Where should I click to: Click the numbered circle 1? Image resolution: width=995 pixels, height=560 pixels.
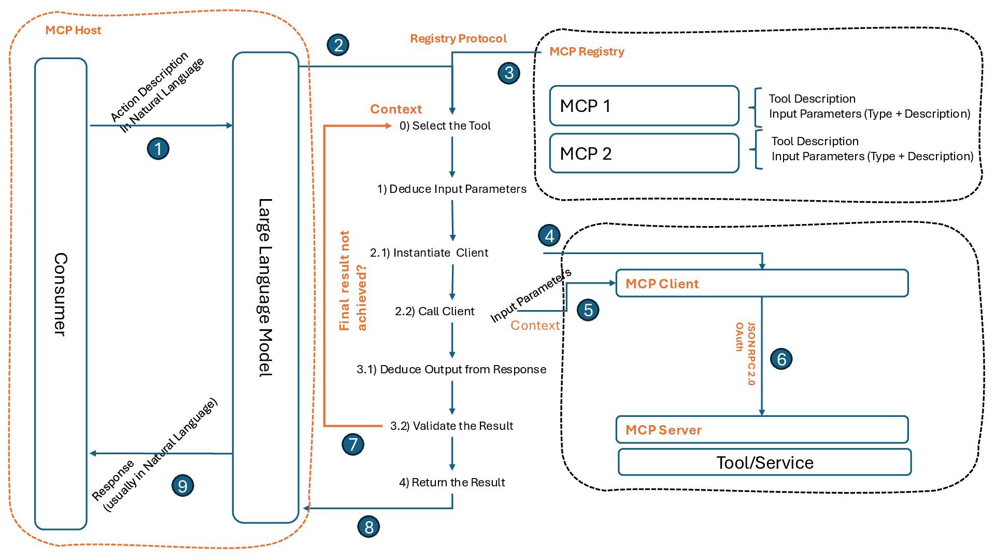click(x=158, y=149)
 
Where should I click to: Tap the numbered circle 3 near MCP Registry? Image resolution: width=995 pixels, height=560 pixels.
click(x=509, y=73)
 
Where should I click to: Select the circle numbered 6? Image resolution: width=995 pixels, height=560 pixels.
click(x=781, y=359)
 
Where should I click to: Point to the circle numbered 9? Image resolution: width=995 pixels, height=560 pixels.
click(x=182, y=486)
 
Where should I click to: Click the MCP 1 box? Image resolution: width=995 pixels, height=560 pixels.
click(x=644, y=106)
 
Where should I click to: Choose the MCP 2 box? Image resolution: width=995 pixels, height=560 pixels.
click(x=644, y=153)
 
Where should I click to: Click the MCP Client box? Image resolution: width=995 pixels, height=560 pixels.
click(x=762, y=283)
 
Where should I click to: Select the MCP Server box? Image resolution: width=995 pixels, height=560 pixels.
click(x=762, y=430)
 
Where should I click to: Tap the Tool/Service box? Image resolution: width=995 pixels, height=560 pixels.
click(x=764, y=462)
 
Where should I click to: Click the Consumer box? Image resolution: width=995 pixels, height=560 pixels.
click(x=61, y=293)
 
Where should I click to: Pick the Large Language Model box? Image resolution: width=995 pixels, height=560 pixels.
click(x=265, y=287)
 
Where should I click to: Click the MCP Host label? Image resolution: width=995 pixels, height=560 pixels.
click(x=73, y=30)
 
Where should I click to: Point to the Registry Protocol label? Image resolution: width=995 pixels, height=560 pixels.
click(x=458, y=38)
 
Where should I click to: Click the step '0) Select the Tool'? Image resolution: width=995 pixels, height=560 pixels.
click(x=445, y=125)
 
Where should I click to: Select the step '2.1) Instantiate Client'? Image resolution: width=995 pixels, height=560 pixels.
click(x=429, y=253)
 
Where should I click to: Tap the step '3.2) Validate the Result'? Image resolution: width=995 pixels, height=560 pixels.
click(x=451, y=426)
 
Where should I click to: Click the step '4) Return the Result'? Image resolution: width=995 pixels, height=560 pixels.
click(x=452, y=482)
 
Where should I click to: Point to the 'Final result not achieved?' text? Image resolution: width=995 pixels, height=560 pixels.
click(x=352, y=281)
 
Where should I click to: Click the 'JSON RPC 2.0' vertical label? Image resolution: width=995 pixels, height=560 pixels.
click(x=751, y=354)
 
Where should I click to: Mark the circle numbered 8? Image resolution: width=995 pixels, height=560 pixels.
click(x=369, y=527)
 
